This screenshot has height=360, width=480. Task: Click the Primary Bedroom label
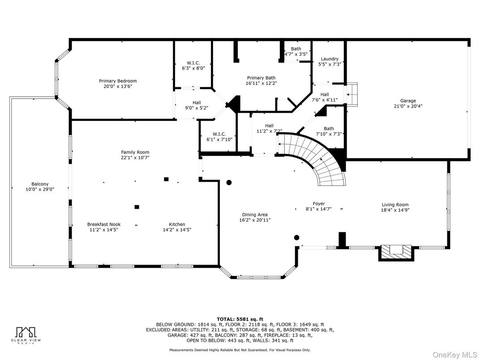[x=118, y=81]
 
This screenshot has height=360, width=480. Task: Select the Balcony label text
[x=40, y=184]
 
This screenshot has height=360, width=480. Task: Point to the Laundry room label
[x=330, y=59]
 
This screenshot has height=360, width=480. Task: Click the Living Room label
[x=395, y=205]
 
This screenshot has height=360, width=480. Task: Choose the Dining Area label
[x=255, y=214]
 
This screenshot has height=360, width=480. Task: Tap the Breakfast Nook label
[x=103, y=224]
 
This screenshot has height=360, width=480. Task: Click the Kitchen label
[x=177, y=224]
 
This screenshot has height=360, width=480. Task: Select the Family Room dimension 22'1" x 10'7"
[x=135, y=158]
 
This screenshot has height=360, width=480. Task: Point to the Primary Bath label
[x=261, y=77]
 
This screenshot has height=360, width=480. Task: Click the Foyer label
[x=319, y=204]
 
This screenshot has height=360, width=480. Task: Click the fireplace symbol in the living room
[x=395, y=252]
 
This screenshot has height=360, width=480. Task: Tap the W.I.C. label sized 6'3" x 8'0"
[x=193, y=63]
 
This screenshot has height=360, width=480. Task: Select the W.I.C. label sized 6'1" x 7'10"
[x=219, y=134]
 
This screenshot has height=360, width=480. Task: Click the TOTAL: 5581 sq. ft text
[x=240, y=319]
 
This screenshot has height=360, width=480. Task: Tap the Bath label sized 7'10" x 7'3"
[x=329, y=129]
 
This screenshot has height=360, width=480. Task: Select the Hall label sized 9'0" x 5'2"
[x=197, y=103]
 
